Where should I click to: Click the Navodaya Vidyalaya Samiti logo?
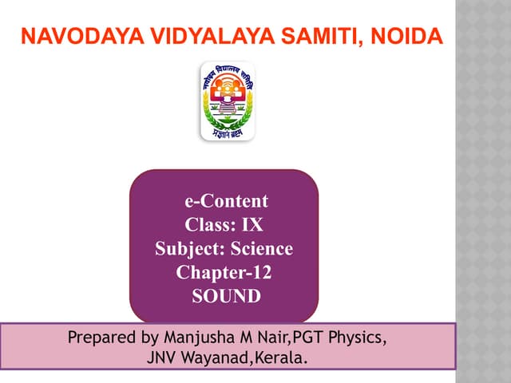(227, 101)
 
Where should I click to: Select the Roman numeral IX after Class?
(252, 225)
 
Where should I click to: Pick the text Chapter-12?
(224, 273)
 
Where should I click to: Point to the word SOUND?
(226, 297)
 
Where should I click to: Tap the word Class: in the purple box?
(210, 225)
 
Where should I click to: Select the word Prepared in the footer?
(100, 338)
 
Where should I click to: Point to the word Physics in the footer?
(359, 338)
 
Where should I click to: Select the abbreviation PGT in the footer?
(313, 338)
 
